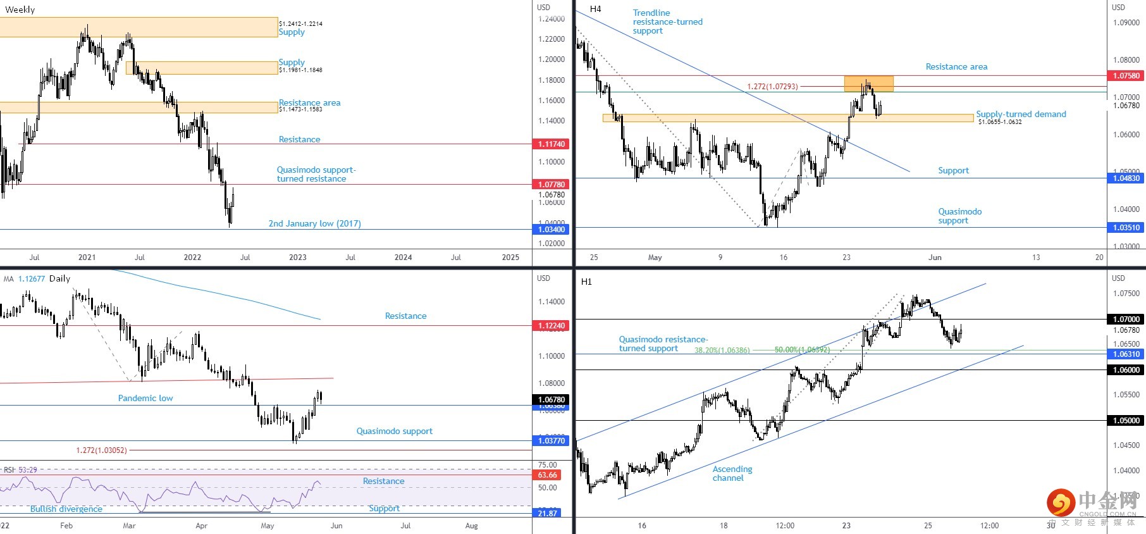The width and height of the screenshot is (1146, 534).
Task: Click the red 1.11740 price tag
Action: (551, 144)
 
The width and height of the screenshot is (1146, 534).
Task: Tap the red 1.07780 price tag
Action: (551, 185)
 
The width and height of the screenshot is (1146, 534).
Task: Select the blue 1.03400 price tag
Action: (551, 230)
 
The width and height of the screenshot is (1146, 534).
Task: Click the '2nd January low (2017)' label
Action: (314, 223)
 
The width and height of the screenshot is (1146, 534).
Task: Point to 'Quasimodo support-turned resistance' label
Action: (316, 174)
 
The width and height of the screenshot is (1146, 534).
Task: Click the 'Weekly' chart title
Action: (20, 9)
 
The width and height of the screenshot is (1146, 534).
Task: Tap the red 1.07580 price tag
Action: (1126, 76)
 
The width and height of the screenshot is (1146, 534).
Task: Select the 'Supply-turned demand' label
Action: (1021, 115)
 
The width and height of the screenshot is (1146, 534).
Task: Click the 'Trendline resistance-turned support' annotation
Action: (667, 22)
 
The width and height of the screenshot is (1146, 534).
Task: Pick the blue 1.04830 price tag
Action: (1126, 178)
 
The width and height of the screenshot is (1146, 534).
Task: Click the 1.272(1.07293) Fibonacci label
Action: (772, 87)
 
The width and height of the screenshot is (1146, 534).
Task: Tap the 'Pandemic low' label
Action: (145, 398)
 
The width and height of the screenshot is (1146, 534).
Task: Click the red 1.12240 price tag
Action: (551, 326)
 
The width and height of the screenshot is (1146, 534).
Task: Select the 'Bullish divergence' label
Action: (66, 509)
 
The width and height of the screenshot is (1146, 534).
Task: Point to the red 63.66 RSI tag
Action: (548, 475)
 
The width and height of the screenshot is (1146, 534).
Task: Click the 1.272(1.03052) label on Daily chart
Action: (101, 450)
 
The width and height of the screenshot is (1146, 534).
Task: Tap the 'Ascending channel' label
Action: (732, 473)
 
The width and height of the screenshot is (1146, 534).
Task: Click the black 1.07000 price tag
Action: (1126, 320)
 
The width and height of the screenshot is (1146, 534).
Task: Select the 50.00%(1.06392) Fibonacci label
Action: (802, 350)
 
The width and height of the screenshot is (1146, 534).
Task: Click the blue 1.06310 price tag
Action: (1126, 354)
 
